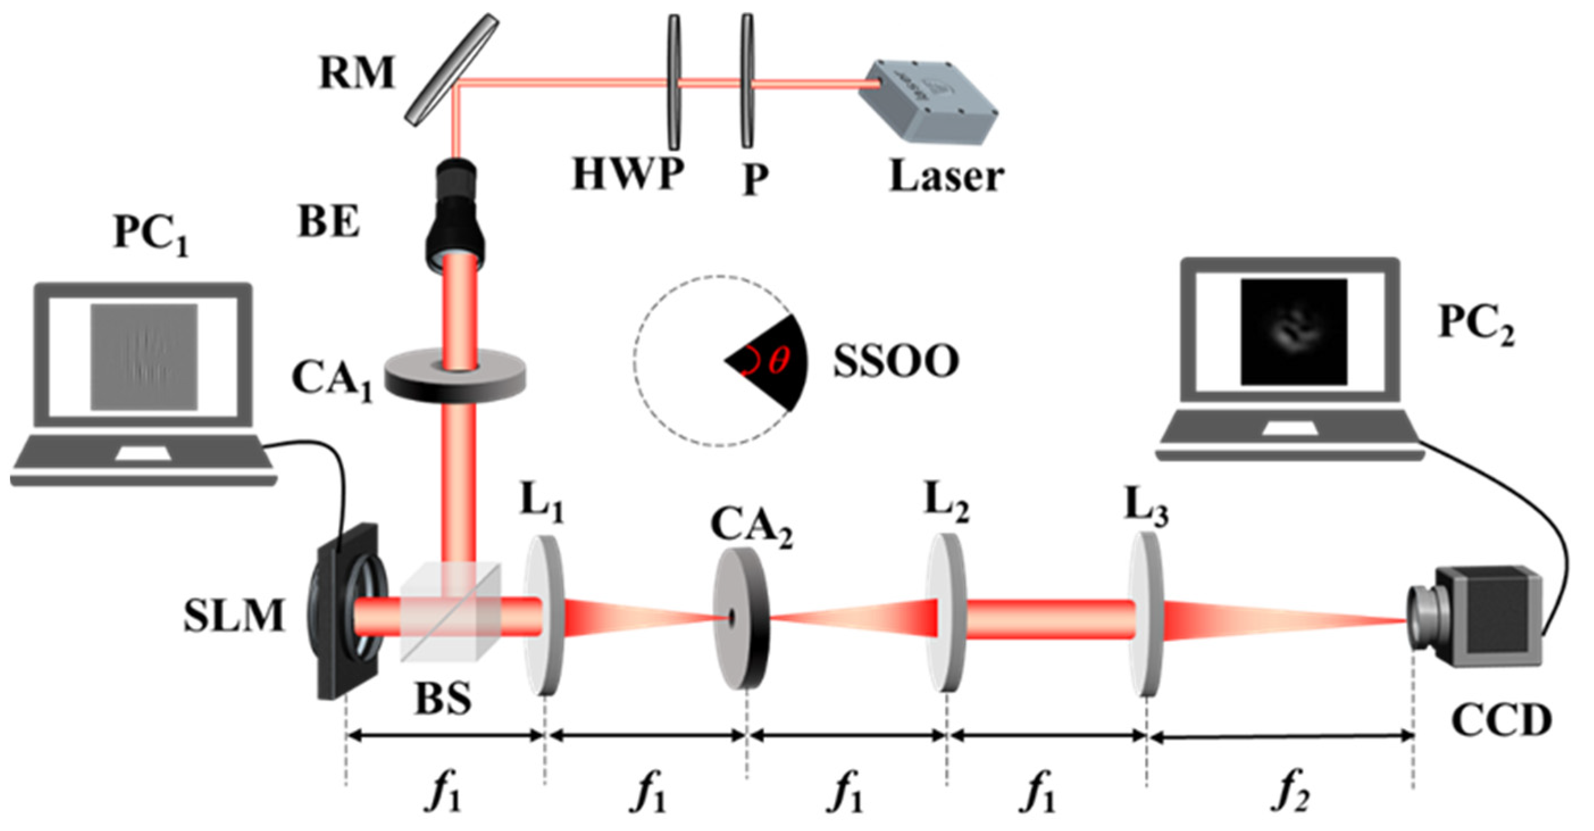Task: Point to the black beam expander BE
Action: click(455, 214)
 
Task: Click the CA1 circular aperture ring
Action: click(455, 374)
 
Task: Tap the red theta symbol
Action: click(779, 360)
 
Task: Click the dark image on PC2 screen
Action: click(1293, 331)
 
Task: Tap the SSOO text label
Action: click(896, 361)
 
